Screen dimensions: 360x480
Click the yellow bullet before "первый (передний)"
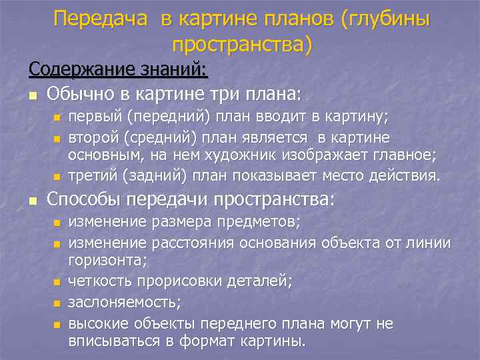click(57, 119)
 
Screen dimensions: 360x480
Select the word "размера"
click(191, 221)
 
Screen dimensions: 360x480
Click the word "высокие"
click(95, 323)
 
